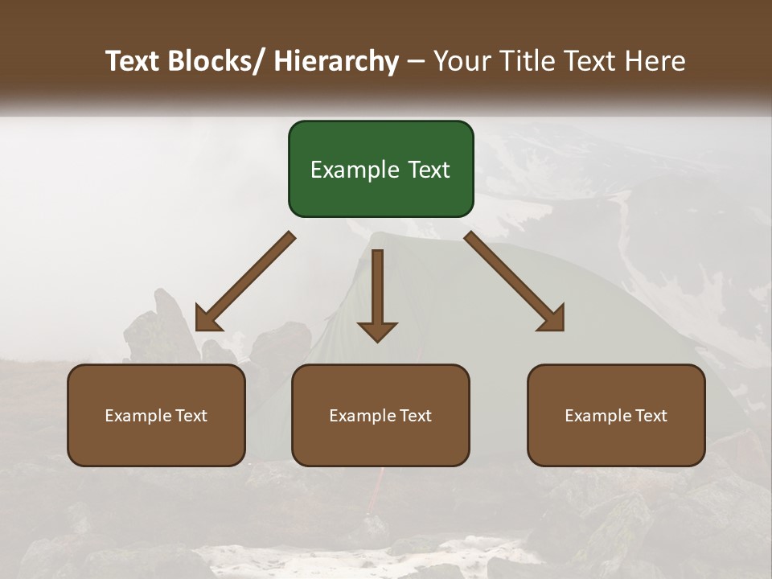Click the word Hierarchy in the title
tap(335, 61)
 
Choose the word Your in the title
tap(463, 61)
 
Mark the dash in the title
tap(416, 61)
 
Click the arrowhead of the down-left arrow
tap(207, 319)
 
